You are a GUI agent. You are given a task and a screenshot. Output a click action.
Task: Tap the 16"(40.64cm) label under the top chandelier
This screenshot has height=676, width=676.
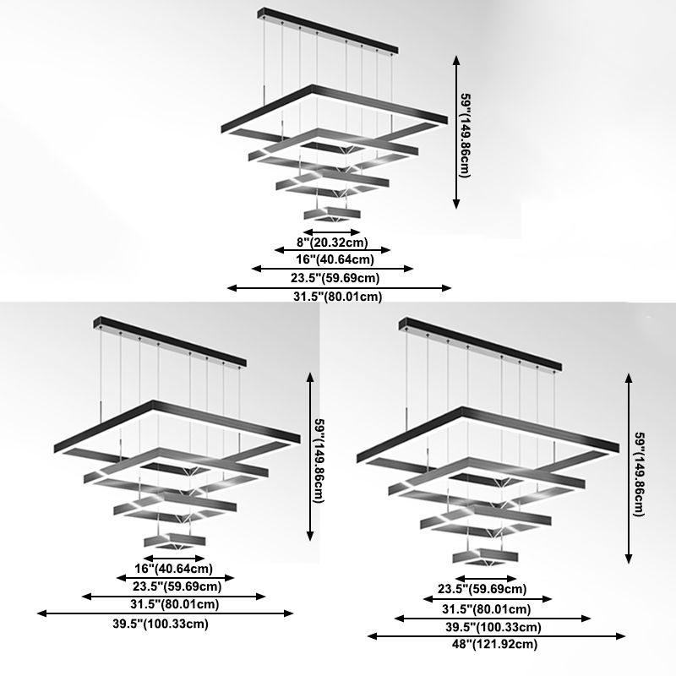click(x=333, y=259)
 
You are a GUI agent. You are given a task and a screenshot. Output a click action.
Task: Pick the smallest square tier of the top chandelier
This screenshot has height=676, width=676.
click(x=331, y=211)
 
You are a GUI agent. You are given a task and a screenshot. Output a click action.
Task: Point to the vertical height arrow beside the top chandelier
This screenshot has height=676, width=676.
click(x=457, y=132)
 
